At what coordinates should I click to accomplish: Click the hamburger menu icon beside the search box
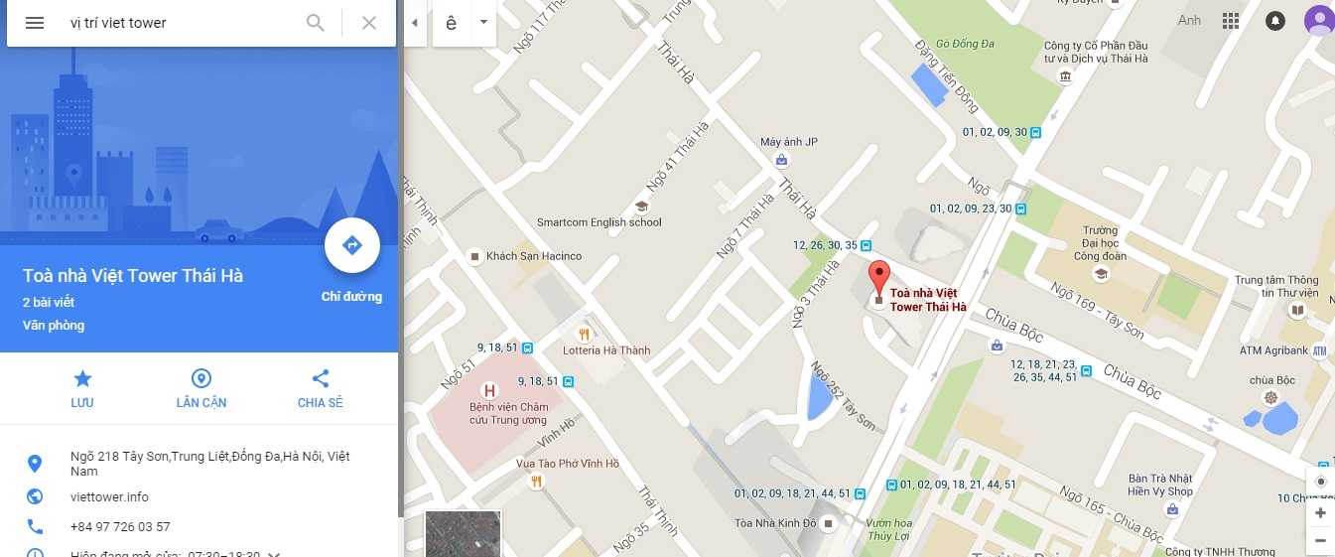35,23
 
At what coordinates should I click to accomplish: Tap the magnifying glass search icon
316,23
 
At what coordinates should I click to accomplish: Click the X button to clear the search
369,23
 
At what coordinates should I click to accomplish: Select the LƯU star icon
82,378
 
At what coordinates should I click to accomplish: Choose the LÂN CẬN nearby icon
201,378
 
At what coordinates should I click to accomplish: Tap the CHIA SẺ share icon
320,378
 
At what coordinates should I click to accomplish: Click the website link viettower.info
109,496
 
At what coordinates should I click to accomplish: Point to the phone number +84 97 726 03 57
120,526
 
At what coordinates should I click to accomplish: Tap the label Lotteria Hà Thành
605,350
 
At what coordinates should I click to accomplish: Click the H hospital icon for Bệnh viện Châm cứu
488,390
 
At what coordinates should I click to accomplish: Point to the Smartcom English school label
599,222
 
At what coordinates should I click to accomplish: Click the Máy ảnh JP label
788,142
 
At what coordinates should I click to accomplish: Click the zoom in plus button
1320,513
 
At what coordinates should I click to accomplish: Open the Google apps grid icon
1231,21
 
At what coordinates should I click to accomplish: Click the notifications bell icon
1275,21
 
